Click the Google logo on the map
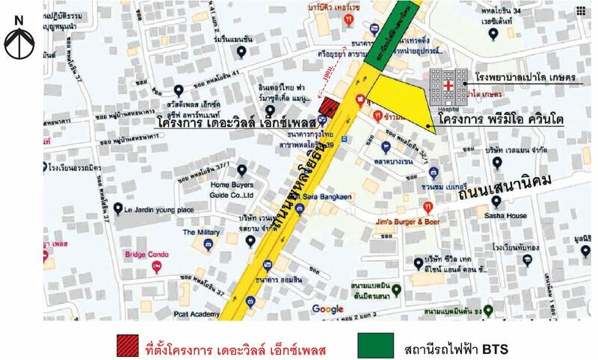pyautogui.click(x=328, y=309)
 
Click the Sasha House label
pyautogui.click(x=506, y=214)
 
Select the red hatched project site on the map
pyautogui.click(x=329, y=105)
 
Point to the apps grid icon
pyautogui.click(x=581, y=10)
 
